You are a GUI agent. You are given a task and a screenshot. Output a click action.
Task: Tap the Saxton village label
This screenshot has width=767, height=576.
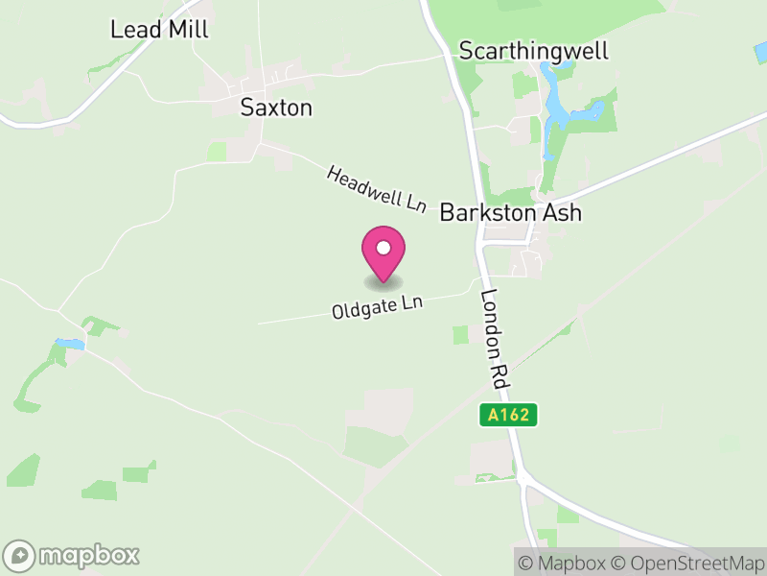pyautogui.click(x=276, y=107)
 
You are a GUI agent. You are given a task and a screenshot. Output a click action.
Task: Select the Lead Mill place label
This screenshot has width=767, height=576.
pyautogui.click(x=159, y=29)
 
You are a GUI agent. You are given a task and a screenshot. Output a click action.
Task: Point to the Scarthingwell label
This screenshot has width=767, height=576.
pyautogui.click(x=534, y=51)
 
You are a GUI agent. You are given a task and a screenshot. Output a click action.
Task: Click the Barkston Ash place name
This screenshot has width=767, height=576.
pyautogui.click(x=510, y=212)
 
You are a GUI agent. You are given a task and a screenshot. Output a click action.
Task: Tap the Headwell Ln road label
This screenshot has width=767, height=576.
pyautogui.click(x=376, y=189)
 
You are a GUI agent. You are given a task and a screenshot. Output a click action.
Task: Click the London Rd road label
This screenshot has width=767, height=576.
pyautogui.click(x=493, y=339)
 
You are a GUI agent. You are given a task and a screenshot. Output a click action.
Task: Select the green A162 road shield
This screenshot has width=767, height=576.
pyautogui.click(x=508, y=415)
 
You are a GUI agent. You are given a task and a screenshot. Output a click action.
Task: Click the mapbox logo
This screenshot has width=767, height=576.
pyautogui.click(x=73, y=555)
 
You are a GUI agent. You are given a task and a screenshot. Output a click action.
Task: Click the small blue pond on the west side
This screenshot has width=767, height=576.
pyautogui.click(x=69, y=343)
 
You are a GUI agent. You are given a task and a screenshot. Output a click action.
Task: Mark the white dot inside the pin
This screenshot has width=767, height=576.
pyautogui.click(x=383, y=248)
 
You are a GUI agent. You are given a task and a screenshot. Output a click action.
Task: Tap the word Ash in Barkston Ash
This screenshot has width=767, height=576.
pyautogui.click(x=561, y=212)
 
